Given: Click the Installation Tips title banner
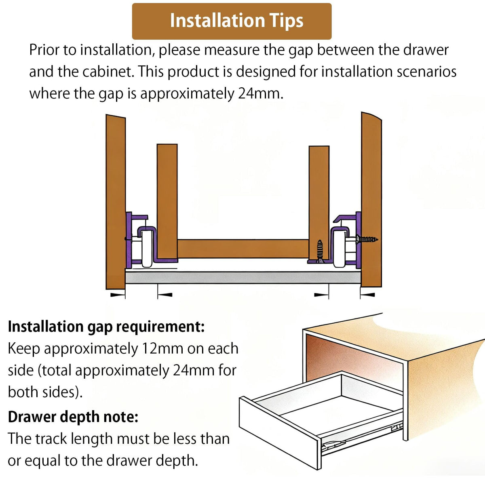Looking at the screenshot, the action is pyautogui.click(x=232, y=21).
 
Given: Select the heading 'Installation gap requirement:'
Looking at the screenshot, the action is pyautogui.click(x=106, y=327).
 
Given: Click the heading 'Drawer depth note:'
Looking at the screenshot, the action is pyautogui.click(x=73, y=417).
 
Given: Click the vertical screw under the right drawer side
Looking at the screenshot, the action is pyautogui.click(x=319, y=251).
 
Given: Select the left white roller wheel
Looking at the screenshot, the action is pyautogui.click(x=147, y=248).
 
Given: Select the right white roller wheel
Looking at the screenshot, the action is pyautogui.click(x=339, y=248).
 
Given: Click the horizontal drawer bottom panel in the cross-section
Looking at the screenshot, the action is pyautogui.click(x=243, y=249).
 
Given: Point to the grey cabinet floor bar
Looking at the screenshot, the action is pyautogui.click(x=243, y=277).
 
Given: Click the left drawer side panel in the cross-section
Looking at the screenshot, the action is pyautogui.click(x=167, y=202).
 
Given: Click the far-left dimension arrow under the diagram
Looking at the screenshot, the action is pyautogui.click(x=118, y=295).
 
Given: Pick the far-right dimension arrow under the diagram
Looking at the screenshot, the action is pyautogui.click(x=367, y=295).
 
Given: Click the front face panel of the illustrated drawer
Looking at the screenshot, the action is pyautogui.click(x=280, y=433).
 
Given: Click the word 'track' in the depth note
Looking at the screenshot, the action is pyautogui.click(x=51, y=439).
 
